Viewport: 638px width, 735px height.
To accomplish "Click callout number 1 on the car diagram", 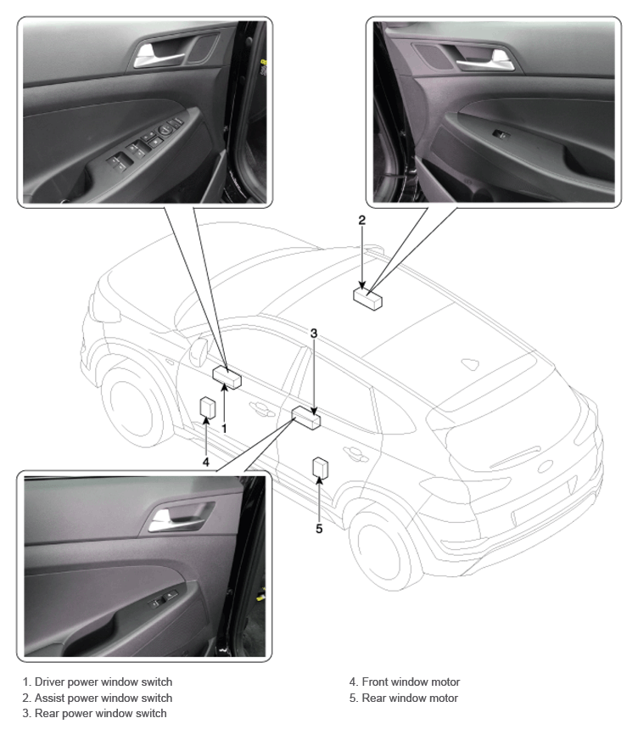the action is (224, 429).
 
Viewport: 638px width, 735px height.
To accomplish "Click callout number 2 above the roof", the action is (361, 221).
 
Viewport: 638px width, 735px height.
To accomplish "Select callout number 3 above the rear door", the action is (314, 334).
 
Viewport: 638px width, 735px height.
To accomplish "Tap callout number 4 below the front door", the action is (205, 463).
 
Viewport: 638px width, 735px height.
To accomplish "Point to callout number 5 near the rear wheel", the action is (319, 529).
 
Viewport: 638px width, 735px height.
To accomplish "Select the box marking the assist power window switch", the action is (367, 299).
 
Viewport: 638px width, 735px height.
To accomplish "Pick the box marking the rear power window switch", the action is (306, 418).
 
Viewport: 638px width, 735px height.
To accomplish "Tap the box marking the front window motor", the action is (208, 407).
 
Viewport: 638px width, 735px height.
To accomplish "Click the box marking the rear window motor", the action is (321, 468).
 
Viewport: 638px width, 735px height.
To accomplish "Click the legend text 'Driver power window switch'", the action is (104, 682).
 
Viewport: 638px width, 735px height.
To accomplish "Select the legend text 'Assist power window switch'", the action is (104, 698).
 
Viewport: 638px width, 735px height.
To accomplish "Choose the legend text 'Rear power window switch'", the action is (101, 714).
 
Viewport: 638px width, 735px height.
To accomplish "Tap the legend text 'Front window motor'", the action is (411, 682).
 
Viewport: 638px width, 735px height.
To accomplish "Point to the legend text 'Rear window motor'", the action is (410, 698).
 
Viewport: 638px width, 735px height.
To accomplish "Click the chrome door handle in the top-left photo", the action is (157, 56).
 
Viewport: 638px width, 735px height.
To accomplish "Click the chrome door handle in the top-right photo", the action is (484, 62).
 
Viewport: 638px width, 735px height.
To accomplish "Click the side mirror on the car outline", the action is (199, 352).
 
